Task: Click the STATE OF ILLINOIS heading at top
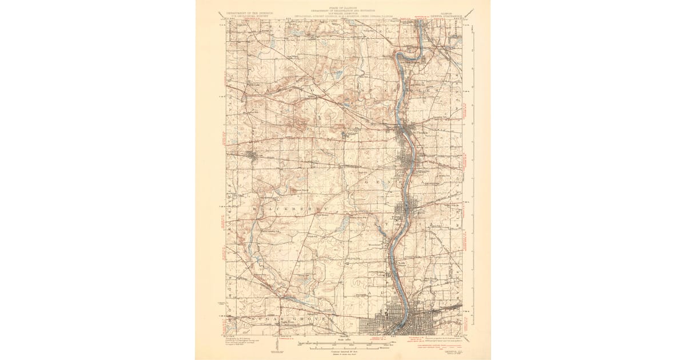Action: click(344, 7)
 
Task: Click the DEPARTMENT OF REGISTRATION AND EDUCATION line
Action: click(344, 10)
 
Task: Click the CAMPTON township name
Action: click(286, 91)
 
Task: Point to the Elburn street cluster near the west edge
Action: click(252, 154)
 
